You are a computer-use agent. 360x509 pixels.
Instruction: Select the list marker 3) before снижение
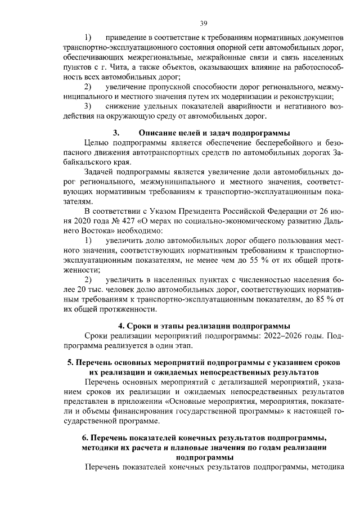[x=88, y=106]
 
